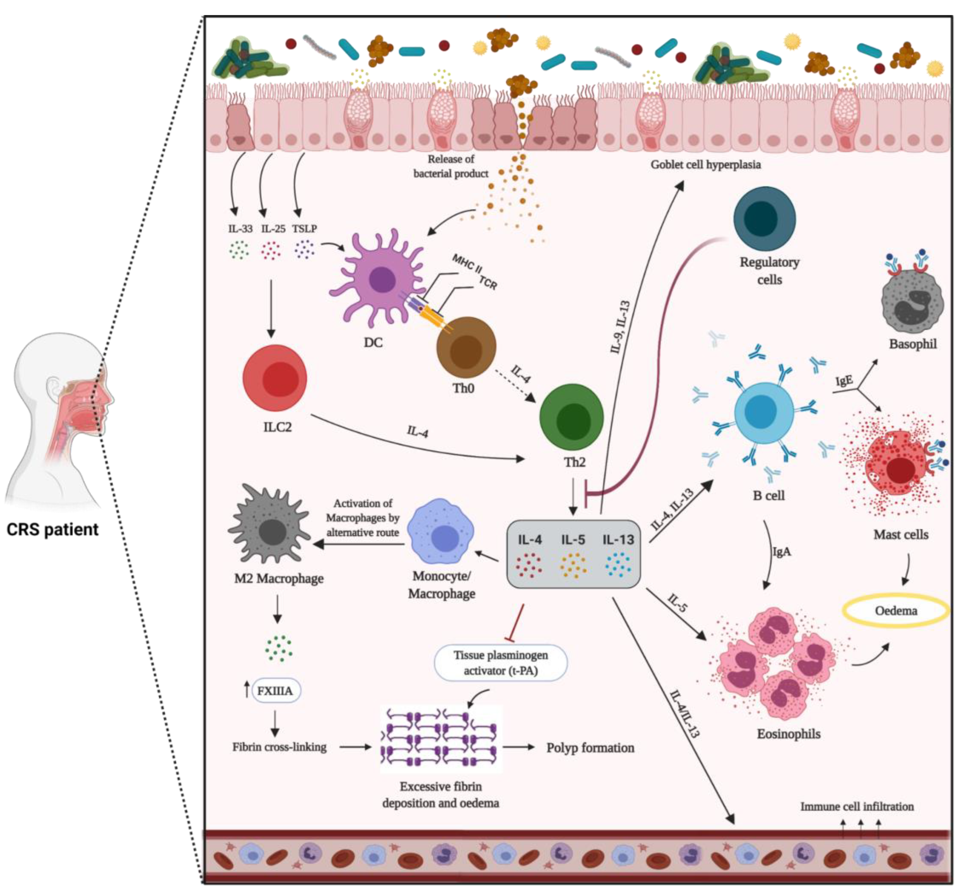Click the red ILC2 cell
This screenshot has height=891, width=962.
(x=274, y=377)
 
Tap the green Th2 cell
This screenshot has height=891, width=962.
(x=572, y=417)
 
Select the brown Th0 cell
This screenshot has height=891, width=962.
(x=466, y=347)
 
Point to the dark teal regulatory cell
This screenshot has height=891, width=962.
(x=764, y=218)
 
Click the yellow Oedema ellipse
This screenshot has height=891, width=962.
(x=896, y=610)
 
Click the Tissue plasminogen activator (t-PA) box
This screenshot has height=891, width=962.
(x=501, y=663)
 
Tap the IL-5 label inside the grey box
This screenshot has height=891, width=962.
(x=573, y=539)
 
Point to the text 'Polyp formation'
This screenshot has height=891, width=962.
(x=590, y=748)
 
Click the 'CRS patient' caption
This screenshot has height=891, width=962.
(x=52, y=529)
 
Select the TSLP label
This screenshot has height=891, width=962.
(x=304, y=228)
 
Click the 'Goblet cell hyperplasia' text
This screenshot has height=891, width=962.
(x=705, y=165)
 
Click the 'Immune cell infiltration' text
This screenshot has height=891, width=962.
(x=857, y=806)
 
